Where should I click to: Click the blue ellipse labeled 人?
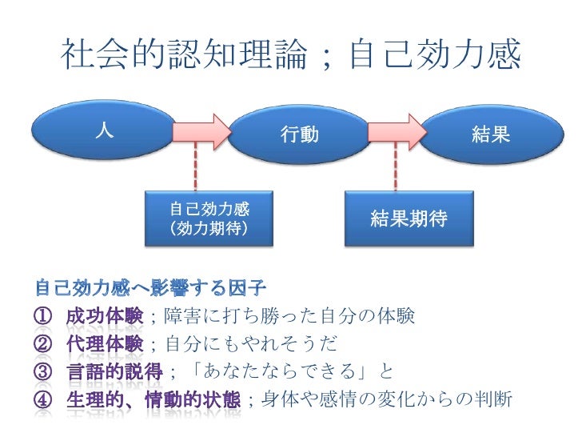[x=102, y=133]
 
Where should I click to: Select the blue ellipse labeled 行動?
[x=300, y=134]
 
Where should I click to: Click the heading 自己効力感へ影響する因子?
[x=151, y=286]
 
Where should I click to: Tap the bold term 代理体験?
[x=104, y=343]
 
